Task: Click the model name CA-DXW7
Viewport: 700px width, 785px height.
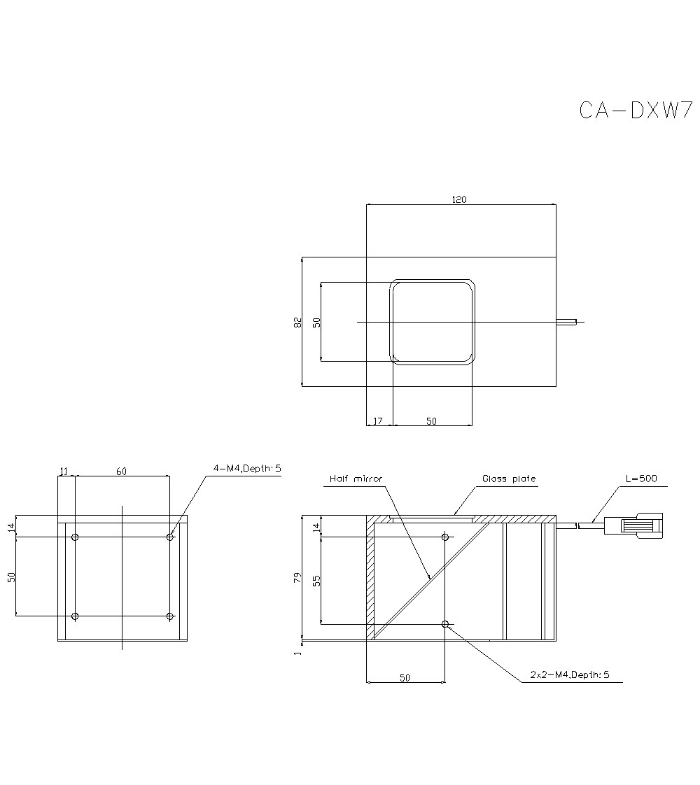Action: [x=636, y=111]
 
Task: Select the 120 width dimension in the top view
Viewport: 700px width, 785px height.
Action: [x=458, y=199]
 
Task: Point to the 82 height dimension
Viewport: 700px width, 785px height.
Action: [x=297, y=322]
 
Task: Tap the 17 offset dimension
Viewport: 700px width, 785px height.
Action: [x=378, y=420]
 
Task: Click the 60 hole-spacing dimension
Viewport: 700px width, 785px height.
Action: [x=121, y=472]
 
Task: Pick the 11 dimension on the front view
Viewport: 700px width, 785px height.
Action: [x=65, y=472]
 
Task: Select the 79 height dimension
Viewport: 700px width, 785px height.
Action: [x=297, y=578]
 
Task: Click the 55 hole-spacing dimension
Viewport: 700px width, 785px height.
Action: [x=316, y=580]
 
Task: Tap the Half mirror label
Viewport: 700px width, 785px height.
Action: [x=356, y=479]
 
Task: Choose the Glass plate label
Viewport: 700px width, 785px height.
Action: [x=509, y=479]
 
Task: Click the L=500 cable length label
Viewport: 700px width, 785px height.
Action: [x=642, y=479]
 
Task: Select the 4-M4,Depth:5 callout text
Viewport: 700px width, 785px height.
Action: [x=246, y=468]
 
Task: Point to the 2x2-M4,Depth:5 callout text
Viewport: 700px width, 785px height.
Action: [x=570, y=675]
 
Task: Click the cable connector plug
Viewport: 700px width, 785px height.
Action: [x=633, y=525]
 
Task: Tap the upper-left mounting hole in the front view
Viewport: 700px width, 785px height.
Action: [x=76, y=537]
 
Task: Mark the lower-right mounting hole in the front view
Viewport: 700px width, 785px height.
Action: [x=170, y=616]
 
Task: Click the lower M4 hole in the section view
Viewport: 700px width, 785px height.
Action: [x=445, y=623]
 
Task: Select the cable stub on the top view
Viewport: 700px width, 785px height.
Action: [x=567, y=322]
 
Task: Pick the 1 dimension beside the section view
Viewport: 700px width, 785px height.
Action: [x=297, y=652]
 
